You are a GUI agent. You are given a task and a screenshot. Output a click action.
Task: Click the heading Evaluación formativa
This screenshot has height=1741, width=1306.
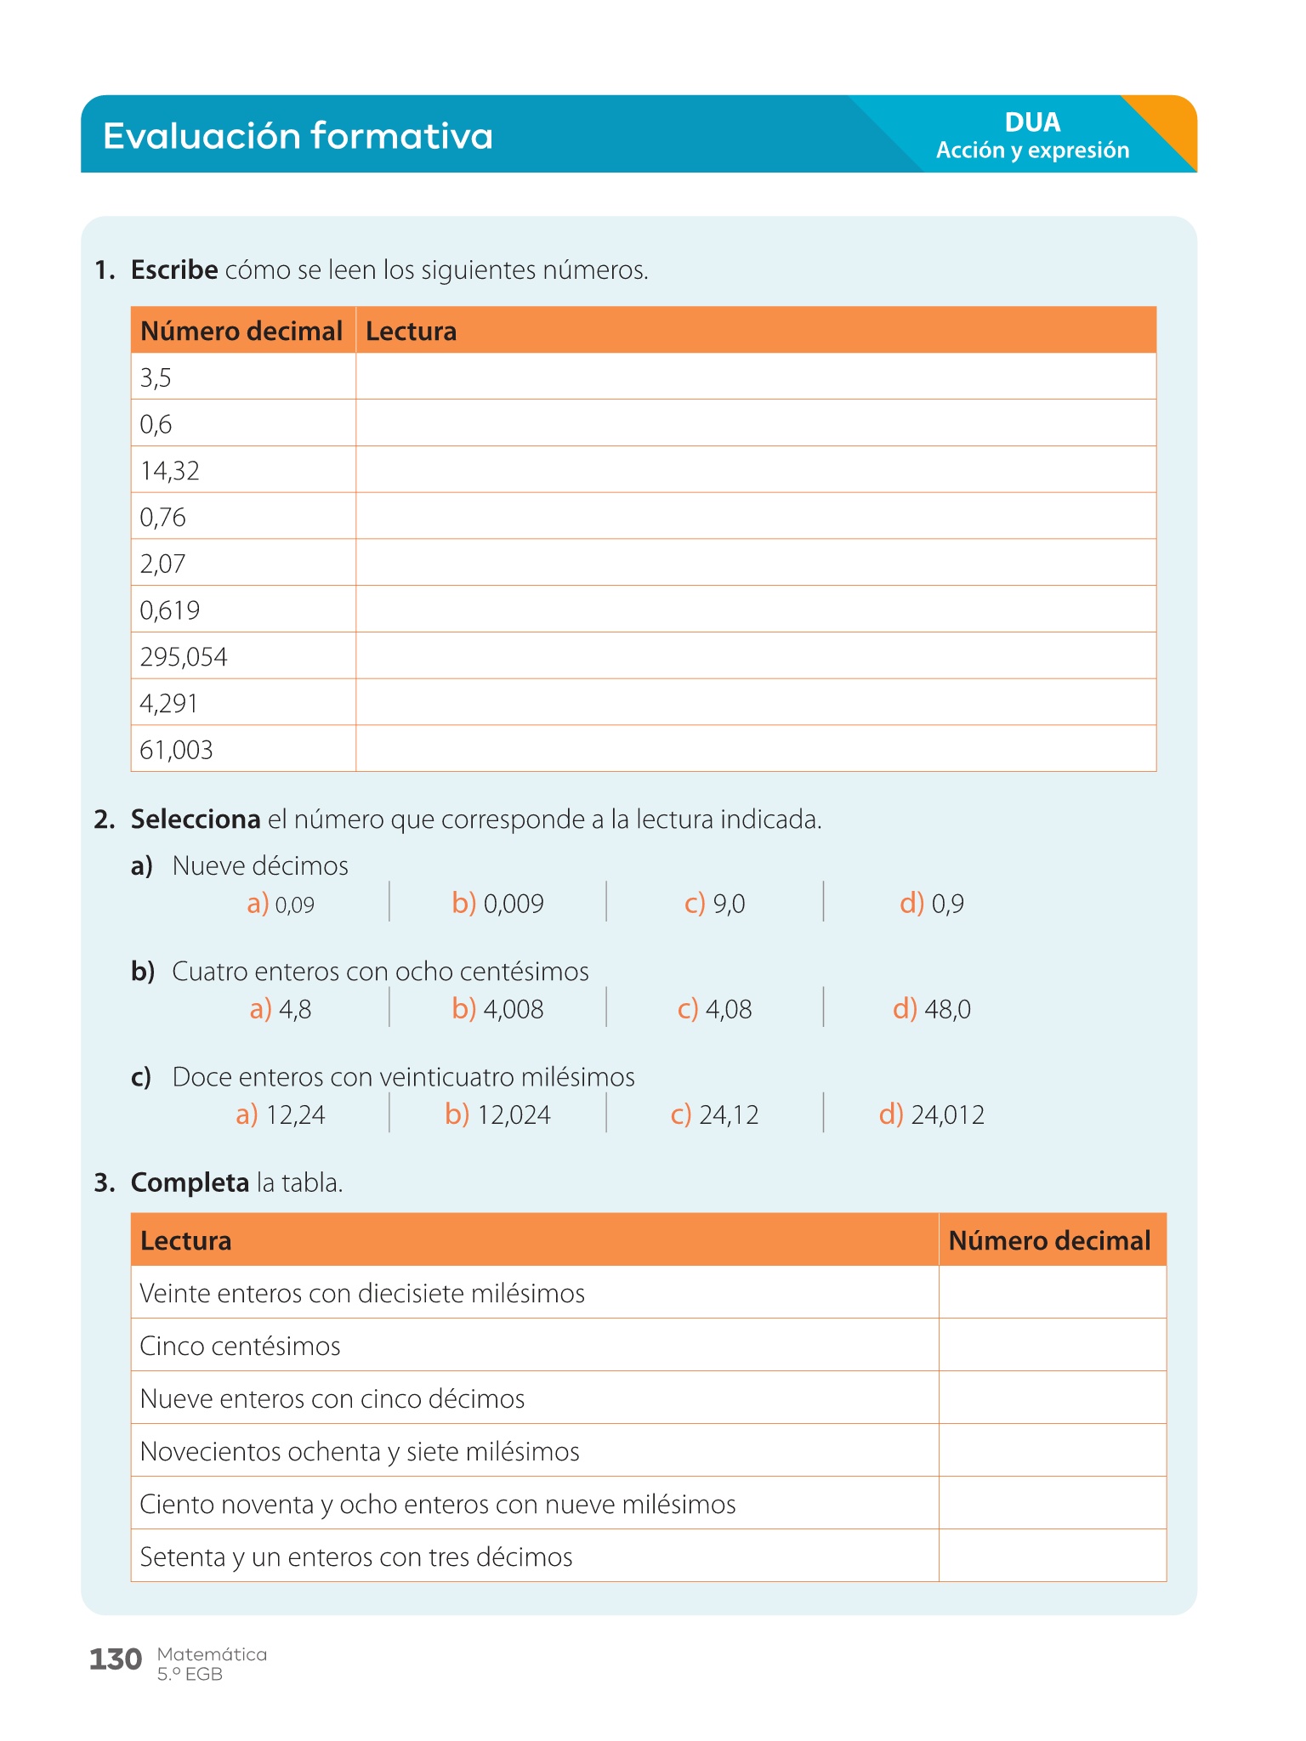(298, 136)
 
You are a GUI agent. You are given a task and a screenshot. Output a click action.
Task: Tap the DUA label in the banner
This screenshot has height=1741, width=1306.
(1032, 122)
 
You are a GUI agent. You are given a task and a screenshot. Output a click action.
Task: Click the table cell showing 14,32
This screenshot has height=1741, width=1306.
(170, 471)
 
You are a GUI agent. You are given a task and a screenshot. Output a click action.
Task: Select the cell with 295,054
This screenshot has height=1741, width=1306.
(184, 657)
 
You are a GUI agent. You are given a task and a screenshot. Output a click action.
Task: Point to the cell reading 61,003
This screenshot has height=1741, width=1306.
(176, 750)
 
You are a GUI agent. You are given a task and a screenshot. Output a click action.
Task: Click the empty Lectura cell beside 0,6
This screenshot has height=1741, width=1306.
(755, 423)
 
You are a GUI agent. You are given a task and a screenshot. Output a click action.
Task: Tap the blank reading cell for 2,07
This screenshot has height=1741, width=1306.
(755, 563)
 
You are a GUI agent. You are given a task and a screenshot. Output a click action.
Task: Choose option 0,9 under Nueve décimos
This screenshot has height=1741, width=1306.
(933, 904)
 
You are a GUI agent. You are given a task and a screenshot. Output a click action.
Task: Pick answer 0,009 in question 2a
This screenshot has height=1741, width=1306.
(498, 904)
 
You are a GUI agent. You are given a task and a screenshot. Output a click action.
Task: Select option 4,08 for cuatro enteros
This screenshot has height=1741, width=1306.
(715, 1009)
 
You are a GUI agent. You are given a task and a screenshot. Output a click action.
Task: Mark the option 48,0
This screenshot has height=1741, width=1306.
(933, 1009)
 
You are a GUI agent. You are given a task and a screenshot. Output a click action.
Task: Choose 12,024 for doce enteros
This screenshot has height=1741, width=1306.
(498, 1114)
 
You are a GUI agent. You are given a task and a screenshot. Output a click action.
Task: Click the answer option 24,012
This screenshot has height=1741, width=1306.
(933, 1114)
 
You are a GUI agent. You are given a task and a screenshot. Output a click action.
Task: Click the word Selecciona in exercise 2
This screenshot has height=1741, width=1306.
(195, 819)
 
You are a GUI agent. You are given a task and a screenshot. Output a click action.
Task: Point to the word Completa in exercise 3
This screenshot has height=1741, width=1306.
(189, 1182)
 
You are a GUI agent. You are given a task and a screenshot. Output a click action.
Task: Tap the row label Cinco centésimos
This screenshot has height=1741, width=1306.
(240, 1347)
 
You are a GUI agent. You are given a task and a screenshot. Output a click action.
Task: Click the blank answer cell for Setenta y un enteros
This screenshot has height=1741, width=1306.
(1052, 1557)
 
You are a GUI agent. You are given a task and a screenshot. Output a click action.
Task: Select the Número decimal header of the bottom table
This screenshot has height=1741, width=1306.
(1049, 1241)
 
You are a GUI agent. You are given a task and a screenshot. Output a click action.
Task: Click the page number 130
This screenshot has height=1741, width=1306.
(116, 1659)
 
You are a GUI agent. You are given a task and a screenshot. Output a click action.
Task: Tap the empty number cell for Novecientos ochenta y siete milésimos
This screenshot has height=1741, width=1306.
(1052, 1451)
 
